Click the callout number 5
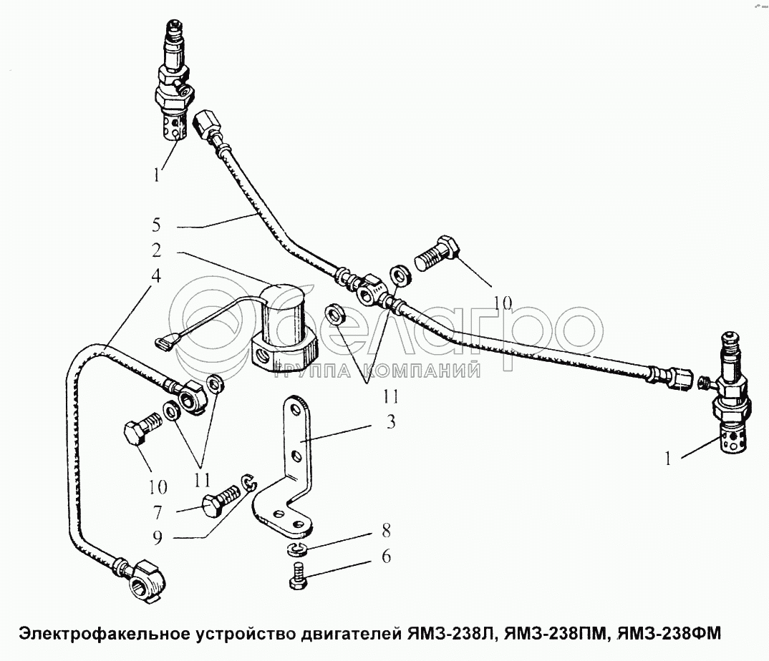point(156,225)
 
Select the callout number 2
point(156,250)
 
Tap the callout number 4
point(155,276)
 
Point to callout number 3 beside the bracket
point(391,422)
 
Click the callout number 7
point(157,512)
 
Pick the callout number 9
point(157,538)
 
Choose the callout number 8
point(386,531)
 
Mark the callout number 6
point(386,557)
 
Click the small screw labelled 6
point(296,576)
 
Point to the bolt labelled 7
point(223,496)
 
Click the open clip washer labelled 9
point(250,481)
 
